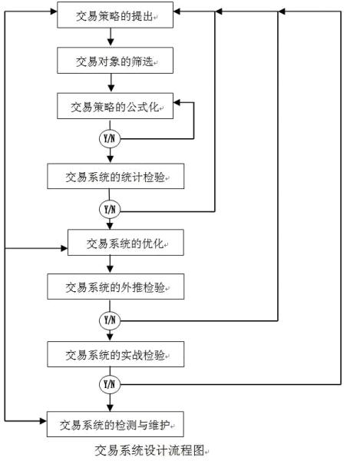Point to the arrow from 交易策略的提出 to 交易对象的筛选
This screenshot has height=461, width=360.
111,36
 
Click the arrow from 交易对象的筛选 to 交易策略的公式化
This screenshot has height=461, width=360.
111,82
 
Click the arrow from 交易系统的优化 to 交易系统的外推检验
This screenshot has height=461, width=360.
111,265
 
